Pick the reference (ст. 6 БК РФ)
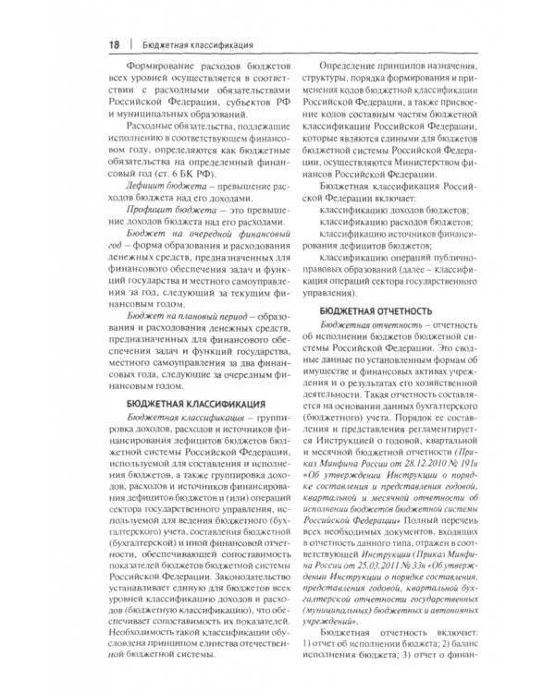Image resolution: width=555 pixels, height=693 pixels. click(x=210, y=172)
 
